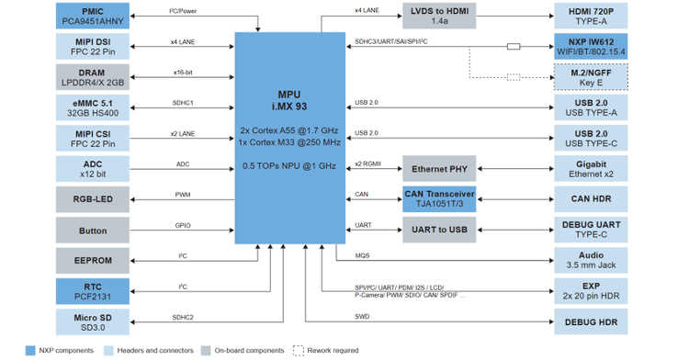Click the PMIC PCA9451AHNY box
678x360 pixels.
click(93, 16)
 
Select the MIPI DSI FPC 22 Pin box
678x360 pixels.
click(93, 47)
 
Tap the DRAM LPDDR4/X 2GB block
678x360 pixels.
click(93, 77)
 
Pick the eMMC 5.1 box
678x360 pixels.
click(93, 108)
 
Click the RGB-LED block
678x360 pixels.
click(93, 199)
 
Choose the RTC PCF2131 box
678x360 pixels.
click(93, 291)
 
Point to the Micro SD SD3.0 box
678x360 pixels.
click(93, 322)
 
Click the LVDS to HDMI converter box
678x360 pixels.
click(439, 16)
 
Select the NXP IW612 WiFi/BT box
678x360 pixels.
click(591, 47)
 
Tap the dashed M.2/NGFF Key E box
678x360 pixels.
click(591, 77)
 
